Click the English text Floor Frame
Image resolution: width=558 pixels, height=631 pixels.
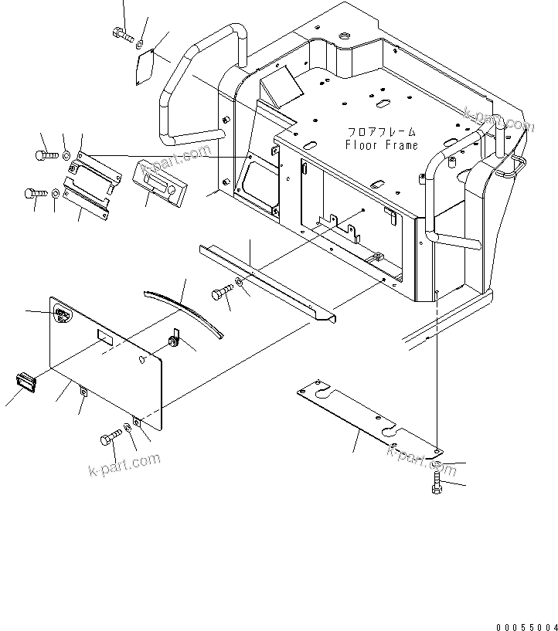coord(381,144)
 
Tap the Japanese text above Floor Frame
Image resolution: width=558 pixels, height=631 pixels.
coord(381,132)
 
